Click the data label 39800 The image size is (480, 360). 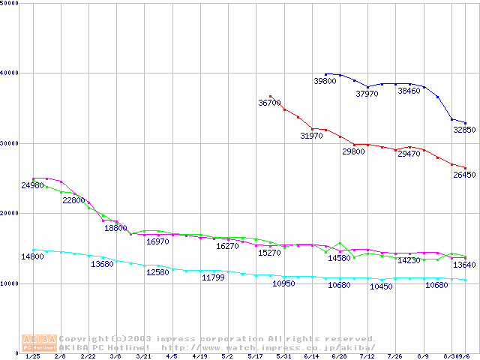click(325, 81)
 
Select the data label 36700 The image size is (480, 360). click(269, 103)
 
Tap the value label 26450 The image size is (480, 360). click(464, 175)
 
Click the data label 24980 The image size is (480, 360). click(32, 185)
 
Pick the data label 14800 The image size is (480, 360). click(32, 257)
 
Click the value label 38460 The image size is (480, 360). click(409, 91)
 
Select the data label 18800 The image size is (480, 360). click(115, 229)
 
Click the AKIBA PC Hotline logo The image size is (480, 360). click(39, 343)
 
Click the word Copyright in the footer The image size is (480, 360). click(84, 338)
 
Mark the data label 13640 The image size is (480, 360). click(464, 265)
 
